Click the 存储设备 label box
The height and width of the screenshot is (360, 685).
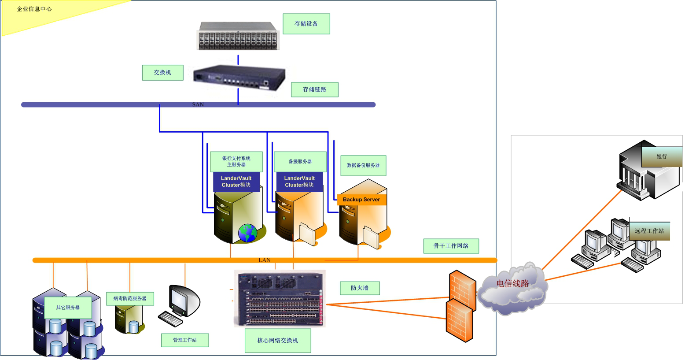point(306,24)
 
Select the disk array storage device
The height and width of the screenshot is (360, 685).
point(238,36)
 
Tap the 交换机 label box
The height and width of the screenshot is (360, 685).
point(162,73)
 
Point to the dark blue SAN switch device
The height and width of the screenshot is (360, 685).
point(239,78)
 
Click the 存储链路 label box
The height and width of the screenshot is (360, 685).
point(314,89)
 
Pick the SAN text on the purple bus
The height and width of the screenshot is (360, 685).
point(198,104)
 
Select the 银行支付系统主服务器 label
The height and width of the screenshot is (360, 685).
point(236,162)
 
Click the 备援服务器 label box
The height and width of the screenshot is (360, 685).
point(300,162)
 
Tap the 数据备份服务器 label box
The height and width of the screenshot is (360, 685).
point(363,165)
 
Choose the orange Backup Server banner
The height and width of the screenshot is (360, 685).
point(361,200)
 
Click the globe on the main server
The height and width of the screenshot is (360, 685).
point(247,233)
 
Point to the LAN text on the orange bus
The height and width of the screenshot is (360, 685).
point(265,260)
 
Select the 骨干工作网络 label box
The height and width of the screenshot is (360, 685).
point(451,246)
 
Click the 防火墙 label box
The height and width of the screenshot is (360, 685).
point(360,288)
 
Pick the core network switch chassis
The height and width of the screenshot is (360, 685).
point(280,299)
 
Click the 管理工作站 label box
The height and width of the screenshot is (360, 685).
point(185,340)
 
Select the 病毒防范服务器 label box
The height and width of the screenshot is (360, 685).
point(130,299)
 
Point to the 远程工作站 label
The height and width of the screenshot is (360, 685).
point(649,231)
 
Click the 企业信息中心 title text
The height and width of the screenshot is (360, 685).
point(34,9)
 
